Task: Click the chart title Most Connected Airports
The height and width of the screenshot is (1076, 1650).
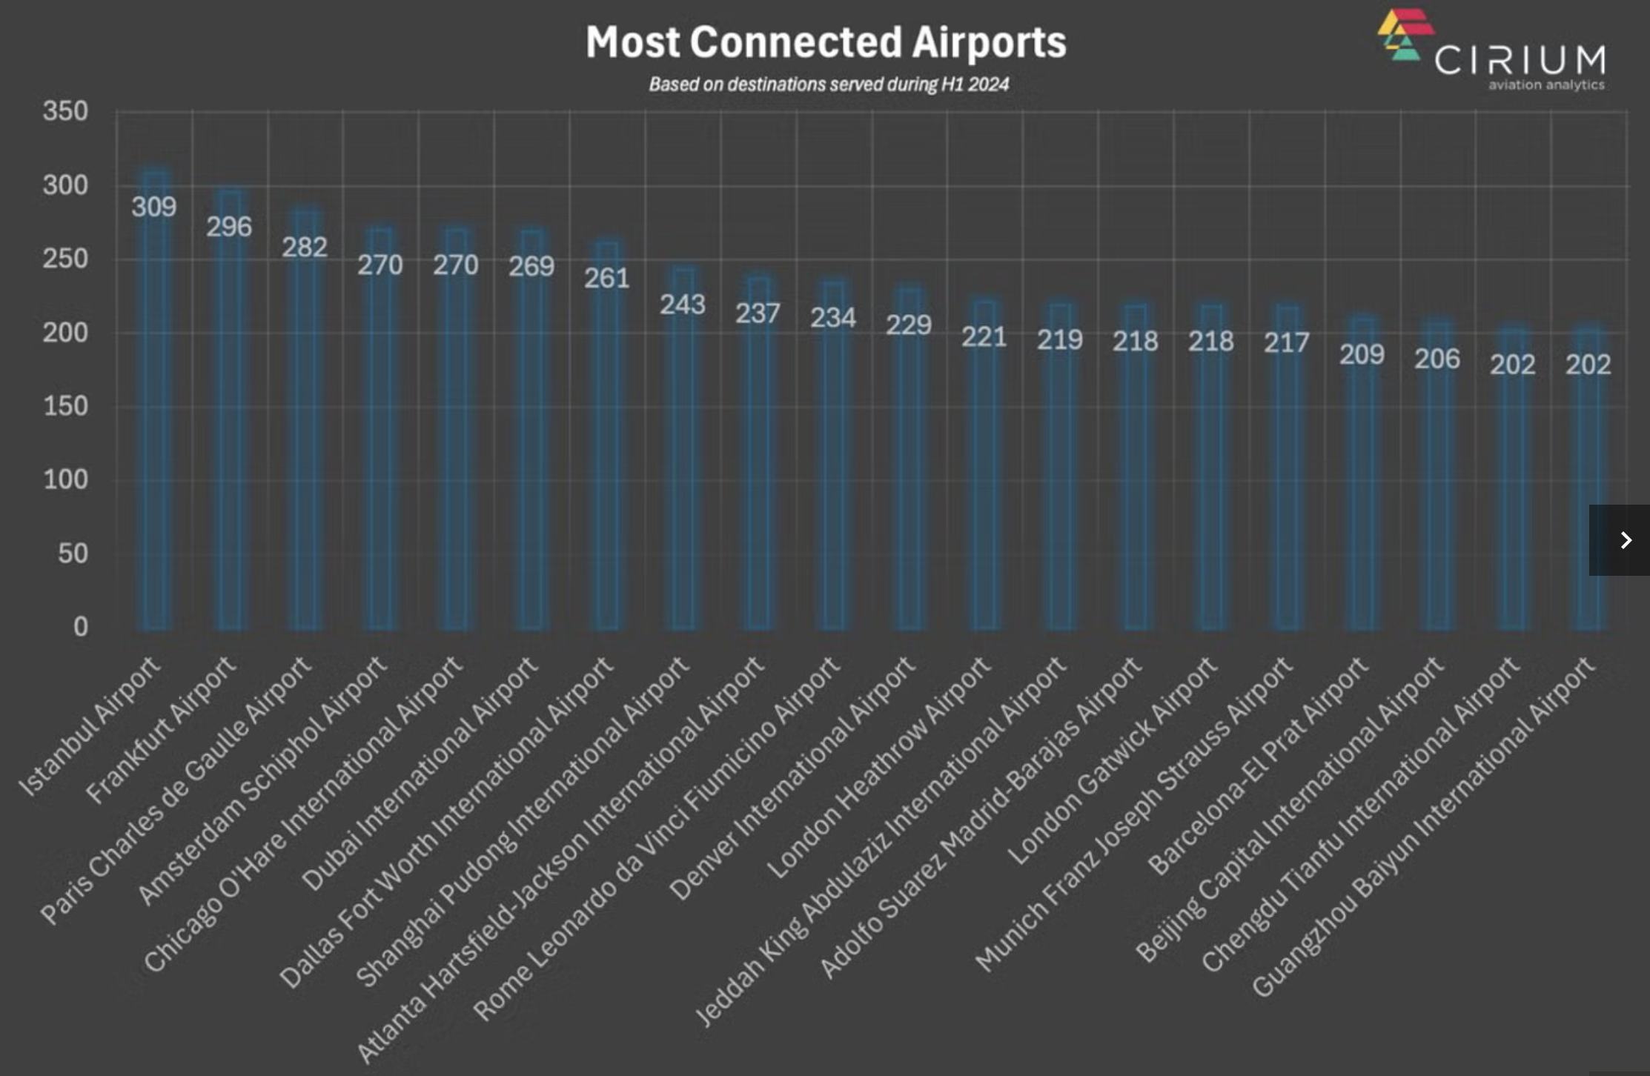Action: coord(826,42)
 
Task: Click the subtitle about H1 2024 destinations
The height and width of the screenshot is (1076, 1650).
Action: coord(829,84)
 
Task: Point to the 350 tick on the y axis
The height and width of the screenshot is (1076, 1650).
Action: coord(65,112)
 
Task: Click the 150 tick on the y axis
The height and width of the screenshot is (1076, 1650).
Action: coord(65,406)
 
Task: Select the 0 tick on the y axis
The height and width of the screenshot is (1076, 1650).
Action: coord(80,627)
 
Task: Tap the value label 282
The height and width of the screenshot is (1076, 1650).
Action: coord(305,247)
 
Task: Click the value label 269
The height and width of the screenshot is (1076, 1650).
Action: coord(531,266)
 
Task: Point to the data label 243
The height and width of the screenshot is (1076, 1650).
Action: coord(683,304)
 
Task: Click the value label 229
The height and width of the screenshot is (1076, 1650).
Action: coord(909,325)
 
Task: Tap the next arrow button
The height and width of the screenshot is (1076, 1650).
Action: coord(1624,540)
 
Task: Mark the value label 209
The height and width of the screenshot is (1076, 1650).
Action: coord(1362,354)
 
